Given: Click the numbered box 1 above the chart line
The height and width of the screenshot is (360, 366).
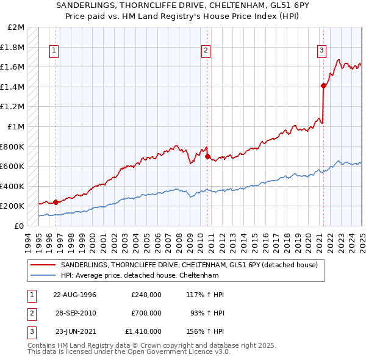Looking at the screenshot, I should click(54, 51).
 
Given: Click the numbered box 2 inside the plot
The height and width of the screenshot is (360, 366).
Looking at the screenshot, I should click(206, 51).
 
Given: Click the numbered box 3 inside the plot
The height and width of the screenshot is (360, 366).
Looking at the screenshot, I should click(321, 51).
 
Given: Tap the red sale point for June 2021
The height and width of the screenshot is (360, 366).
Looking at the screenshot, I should click(323, 85).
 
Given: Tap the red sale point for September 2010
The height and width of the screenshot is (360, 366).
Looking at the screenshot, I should click(207, 156).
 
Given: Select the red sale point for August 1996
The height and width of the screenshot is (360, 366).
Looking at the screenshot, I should click(56, 202).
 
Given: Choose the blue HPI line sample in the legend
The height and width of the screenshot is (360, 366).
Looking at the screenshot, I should click(44, 275).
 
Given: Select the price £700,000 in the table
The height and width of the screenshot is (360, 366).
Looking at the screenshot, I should click(146, 313).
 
